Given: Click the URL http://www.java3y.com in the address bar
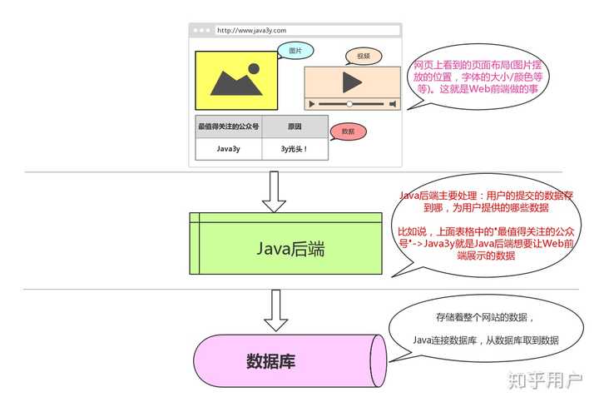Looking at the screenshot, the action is (251, 30).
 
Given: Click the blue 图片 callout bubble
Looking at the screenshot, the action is (295, 51).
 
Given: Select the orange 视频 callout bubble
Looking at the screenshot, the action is (363, 56).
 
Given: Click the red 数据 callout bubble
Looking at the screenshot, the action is (348, 132).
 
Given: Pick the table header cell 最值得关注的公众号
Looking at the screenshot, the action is (228, 127).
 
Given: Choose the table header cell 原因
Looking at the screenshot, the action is (295, 127).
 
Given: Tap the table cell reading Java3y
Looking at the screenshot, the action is (228, 149).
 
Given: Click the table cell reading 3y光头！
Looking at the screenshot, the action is (295, 149).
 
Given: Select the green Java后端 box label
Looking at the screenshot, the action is (290, 248).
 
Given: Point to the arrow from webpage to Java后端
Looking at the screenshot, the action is (273, 191).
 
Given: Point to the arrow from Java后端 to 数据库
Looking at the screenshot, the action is (273, 309).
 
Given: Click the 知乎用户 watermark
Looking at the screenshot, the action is (545, 380).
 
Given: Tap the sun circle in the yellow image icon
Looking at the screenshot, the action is (254, 70).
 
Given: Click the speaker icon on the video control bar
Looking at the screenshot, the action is (392, 104).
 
